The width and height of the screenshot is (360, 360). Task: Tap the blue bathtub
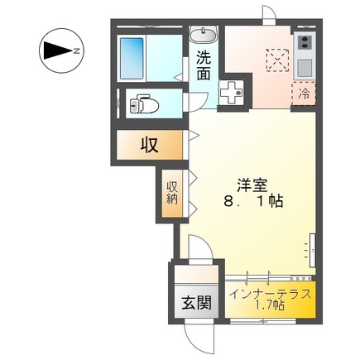click(132, 59)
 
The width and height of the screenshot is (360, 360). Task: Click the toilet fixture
click(144, 103)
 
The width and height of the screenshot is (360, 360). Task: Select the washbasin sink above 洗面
click(204, 35)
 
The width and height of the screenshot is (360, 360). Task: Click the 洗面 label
click(204, 66)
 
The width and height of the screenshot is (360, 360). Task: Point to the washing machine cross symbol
click(231, 93)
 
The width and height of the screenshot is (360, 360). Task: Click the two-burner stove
click(305, 42)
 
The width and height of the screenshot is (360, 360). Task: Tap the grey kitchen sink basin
click(305, 68)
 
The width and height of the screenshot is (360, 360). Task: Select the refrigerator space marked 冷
click(304, 94)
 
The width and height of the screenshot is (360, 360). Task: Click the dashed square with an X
click(277, 60)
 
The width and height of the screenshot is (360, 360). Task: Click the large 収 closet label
click(149, 145)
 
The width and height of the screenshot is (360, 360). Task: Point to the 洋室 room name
click(252, 185)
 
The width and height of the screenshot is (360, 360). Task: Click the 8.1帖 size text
click(253, 202)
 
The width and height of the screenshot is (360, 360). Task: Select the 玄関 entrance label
click(196, 303)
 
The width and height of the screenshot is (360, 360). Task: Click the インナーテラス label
click(271, 295)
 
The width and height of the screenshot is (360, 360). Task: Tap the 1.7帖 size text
click(270, 305)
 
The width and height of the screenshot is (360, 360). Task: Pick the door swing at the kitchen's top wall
click(269, 15)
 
